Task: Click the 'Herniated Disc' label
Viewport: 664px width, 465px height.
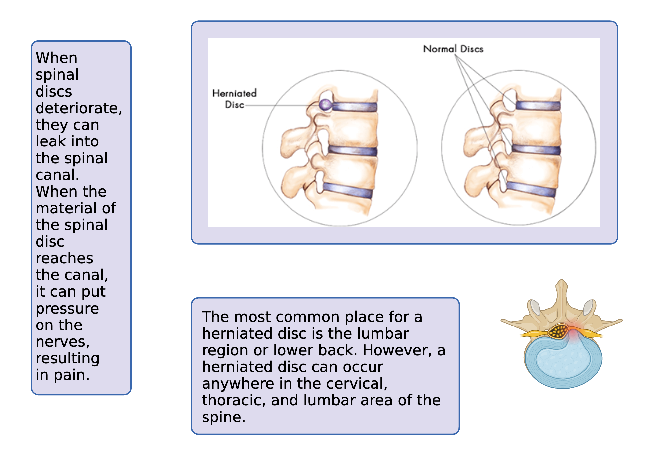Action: [x=234, y=99]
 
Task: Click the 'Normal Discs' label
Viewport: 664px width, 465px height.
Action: [x=453, y=49]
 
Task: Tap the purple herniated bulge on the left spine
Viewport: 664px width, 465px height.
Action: [x=325, y=105]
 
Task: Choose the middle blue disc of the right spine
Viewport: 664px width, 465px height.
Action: [x=536, y=149]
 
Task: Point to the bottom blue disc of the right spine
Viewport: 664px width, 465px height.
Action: [x=531, y=189]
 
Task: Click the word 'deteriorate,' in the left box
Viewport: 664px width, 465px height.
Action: [x=79, y=108]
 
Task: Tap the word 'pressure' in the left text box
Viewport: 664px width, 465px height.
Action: [x=67, y=309]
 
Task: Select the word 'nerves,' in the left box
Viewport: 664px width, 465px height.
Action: [x=62, y=342]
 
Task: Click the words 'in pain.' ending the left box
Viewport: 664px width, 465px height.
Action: [x=62, y=375]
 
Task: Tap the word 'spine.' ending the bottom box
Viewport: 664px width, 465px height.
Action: [x=223, y=417]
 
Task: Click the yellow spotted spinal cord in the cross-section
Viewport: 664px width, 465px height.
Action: [x=558, y=331]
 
